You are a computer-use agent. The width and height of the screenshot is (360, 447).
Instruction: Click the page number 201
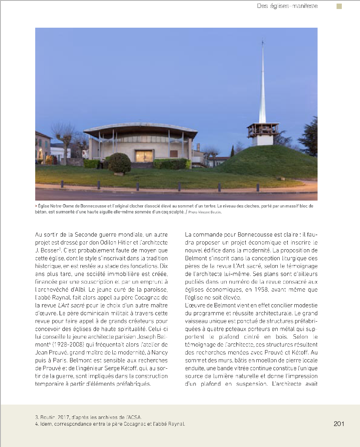339,424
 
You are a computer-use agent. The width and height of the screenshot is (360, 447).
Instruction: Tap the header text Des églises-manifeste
287,6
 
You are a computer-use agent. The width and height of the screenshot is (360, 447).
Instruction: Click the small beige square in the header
339,6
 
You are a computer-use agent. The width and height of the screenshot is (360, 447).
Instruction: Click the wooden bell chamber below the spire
263,129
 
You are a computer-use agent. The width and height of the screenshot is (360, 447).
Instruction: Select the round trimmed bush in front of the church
119,163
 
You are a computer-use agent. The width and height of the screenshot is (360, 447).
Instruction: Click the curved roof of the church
140,130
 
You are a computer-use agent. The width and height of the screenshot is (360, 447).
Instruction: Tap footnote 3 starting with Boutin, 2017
88,417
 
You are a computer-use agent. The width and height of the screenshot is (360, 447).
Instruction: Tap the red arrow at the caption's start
36,206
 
